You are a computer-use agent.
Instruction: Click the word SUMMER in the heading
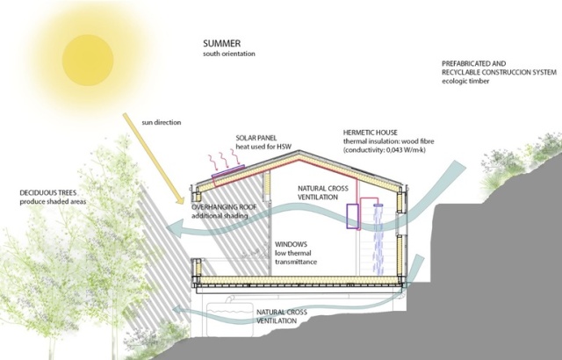222,44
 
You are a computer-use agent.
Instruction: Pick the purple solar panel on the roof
227,176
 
